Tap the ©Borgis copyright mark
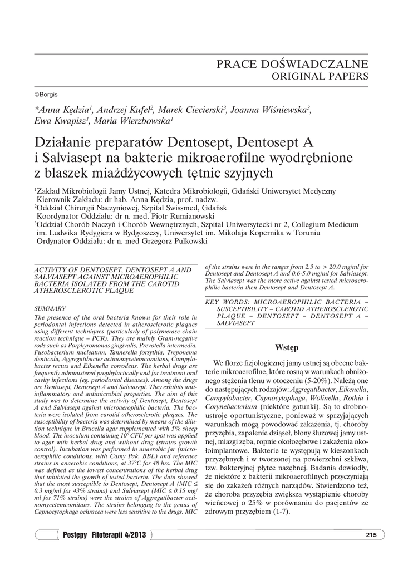[x=46, y=94]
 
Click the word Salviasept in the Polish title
[x=72, y=158]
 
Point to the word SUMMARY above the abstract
[x=50, y=308]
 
